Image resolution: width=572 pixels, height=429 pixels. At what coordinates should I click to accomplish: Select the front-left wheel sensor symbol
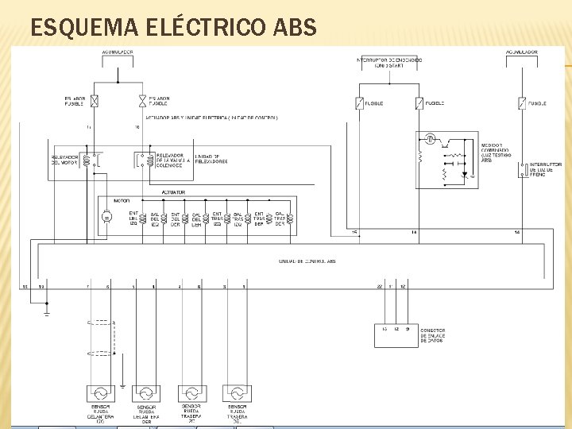101,393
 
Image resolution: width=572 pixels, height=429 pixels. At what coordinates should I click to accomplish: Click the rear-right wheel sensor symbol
237,393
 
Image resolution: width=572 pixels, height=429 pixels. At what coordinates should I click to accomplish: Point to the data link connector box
396,335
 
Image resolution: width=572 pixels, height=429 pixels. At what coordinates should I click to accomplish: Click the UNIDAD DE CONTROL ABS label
307,261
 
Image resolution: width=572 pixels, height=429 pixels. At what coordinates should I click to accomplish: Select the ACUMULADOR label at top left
118,52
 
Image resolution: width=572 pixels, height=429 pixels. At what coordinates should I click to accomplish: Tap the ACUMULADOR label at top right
521,52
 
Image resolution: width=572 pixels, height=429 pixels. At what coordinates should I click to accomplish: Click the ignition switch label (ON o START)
389,63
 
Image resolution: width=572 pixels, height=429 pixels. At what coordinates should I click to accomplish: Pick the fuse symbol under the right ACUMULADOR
521,102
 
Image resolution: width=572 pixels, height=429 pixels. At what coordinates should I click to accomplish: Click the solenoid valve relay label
170,160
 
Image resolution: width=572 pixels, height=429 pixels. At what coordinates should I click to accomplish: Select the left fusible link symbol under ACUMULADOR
95,101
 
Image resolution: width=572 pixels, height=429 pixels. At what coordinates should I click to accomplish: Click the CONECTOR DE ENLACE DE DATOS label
433,335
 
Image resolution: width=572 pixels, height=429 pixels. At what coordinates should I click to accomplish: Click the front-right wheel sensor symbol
146,393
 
